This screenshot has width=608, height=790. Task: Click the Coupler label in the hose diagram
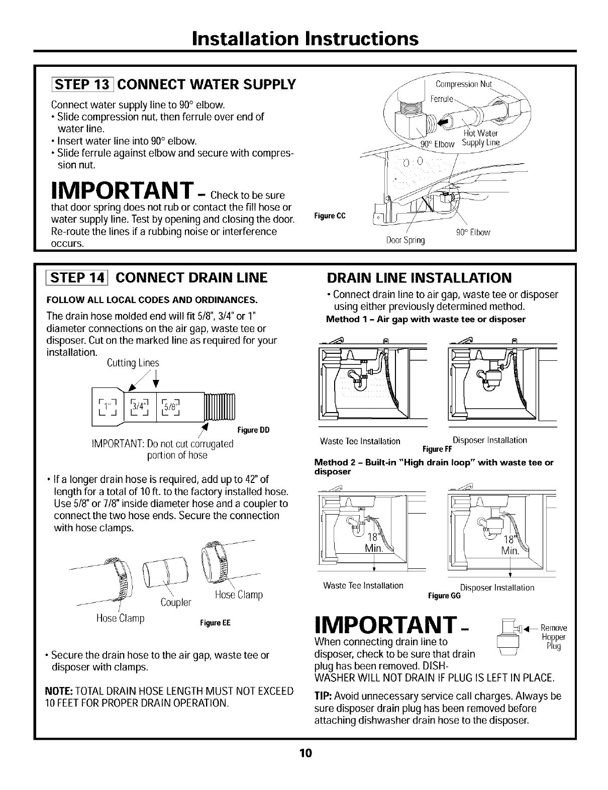pos(176,603)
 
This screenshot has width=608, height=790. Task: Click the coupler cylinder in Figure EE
pos(165,572)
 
